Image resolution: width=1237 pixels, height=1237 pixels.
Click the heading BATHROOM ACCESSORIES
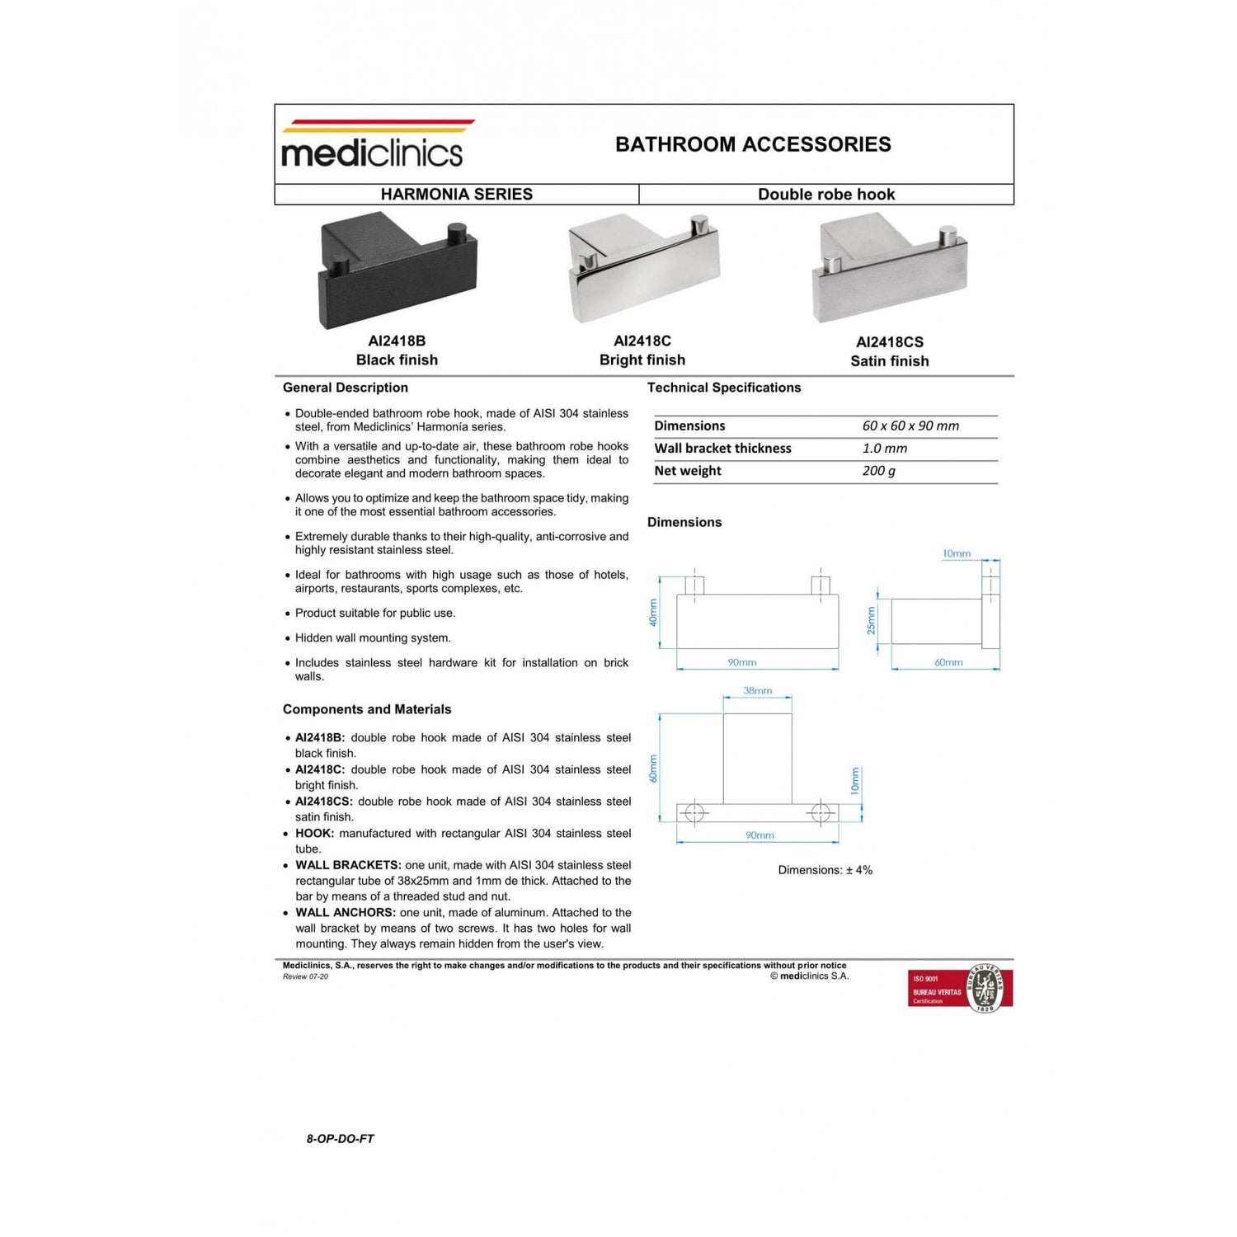tap(753, 144)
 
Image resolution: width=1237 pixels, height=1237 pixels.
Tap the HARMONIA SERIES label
tap(456, 195)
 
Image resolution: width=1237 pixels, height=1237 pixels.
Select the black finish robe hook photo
tap(397, 270)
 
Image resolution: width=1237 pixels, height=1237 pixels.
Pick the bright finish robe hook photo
tap(643, 267)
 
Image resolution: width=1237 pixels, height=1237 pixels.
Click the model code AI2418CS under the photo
tap(889, 342)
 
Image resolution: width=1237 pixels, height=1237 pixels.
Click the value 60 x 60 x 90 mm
tap(910, 426)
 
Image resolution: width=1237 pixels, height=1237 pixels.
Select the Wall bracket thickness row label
tap(722, 449)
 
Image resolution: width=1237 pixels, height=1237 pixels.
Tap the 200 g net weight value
tap(878, 471)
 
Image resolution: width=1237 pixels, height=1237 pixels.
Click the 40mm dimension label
tap(653, 613)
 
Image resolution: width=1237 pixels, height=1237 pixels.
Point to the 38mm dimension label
tap(757, 691)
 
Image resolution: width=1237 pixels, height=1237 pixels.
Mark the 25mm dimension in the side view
tap(871, 620)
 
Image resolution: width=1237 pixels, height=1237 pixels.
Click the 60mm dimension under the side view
tap(948, 662)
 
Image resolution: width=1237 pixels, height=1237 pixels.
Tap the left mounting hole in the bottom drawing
tap(694, 813)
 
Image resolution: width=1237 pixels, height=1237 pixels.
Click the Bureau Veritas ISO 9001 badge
tap(960, 989)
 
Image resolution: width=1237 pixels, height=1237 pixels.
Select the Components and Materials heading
tap(367, 709)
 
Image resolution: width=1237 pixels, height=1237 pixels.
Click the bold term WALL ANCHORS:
tap(346, 913)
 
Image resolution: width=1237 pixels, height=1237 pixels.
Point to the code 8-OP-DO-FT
tap(340, 1139)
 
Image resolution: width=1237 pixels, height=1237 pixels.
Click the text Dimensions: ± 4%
tap(825, 870)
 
